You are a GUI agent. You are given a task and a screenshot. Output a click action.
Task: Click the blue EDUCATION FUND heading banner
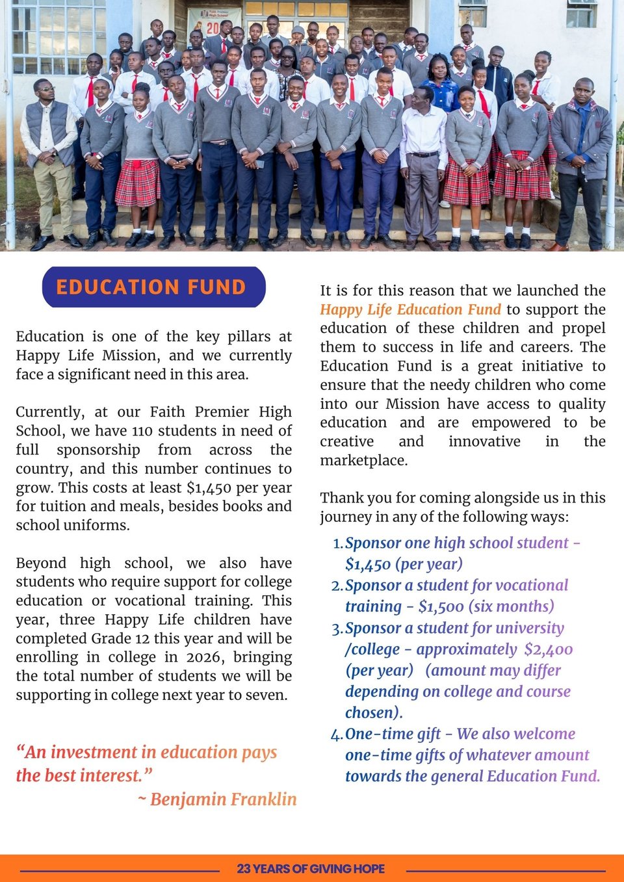(x=153, y=287)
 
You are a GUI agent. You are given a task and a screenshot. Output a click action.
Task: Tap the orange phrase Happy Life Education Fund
(x=410, y=309)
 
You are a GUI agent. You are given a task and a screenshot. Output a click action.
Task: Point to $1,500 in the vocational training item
(x=441, y=606)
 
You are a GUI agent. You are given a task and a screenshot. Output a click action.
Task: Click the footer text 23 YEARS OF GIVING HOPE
(x=311, y=868)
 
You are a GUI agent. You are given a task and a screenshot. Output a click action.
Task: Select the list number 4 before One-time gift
(x=336, y=735)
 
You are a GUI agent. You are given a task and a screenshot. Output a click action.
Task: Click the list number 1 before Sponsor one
(x=337, y=544)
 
